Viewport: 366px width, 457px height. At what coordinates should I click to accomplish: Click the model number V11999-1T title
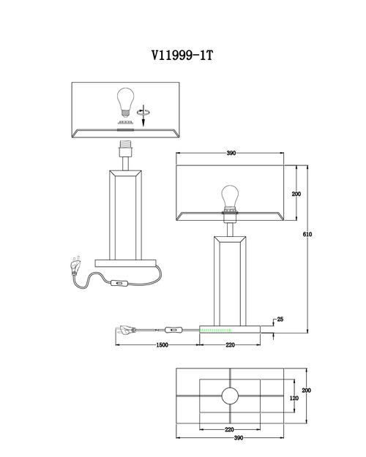click(x=182, y=55)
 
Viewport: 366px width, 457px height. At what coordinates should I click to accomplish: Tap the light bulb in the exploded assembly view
click(x=125, y=102)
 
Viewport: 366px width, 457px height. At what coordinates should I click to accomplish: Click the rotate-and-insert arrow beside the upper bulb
click(x=143, y=115)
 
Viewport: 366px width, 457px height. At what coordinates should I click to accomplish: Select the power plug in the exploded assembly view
click(x=75, y=266)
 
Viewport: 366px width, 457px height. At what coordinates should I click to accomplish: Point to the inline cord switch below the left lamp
click(x=119, y=282)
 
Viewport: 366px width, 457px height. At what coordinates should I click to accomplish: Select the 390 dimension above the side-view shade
click(x=231, y=153)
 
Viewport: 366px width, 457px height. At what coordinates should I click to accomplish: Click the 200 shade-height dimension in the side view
click(x=296, y=194)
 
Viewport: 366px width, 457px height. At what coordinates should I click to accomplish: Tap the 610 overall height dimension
click(x=307, y=234)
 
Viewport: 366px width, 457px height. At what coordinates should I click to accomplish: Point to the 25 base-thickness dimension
click(x=280, y=319)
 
